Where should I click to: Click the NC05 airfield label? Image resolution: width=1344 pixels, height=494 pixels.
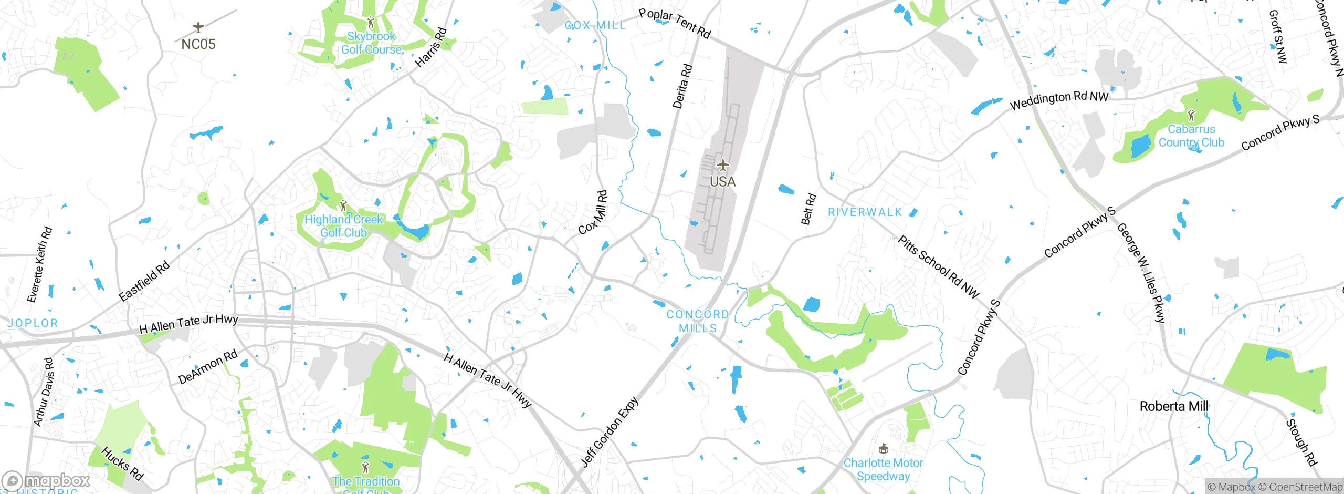tap(198, 44)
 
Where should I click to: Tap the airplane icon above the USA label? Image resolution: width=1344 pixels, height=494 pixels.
tap(723, 166)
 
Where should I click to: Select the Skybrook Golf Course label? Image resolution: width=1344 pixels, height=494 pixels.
tap(372, 43)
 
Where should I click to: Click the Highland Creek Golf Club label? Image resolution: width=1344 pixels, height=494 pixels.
tap(344, 226)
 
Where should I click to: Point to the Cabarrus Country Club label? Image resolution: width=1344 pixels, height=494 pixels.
tap(1191, 136)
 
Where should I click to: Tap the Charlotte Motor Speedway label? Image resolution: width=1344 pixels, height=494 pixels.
tap(883, 469)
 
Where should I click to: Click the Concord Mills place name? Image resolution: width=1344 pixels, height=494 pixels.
tap(698, 321)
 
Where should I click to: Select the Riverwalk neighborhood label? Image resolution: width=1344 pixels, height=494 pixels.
tap(865, 212)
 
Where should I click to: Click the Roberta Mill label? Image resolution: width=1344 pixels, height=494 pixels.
tap(1174, 406)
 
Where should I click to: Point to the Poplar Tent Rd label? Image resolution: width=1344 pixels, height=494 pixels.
tap(675, 23)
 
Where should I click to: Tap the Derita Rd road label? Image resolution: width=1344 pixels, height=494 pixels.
tap(682, 86)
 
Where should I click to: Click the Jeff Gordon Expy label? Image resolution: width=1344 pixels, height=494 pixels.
tap(610, 431)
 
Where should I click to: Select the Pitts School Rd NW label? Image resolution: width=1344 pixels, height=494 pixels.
tap(938, 267)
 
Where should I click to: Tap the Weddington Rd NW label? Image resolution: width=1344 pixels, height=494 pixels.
tap(1059, 100)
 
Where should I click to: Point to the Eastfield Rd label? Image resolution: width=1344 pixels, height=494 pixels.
tap(144, 281)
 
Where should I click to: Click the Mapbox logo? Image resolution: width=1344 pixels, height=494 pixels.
tap(46, 480)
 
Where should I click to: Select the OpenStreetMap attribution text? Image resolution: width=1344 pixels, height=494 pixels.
tap(1300, 487)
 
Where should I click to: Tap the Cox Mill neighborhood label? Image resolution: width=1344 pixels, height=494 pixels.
tap(595, 25)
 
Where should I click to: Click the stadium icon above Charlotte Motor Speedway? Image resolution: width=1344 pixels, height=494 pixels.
tap(884, 449)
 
